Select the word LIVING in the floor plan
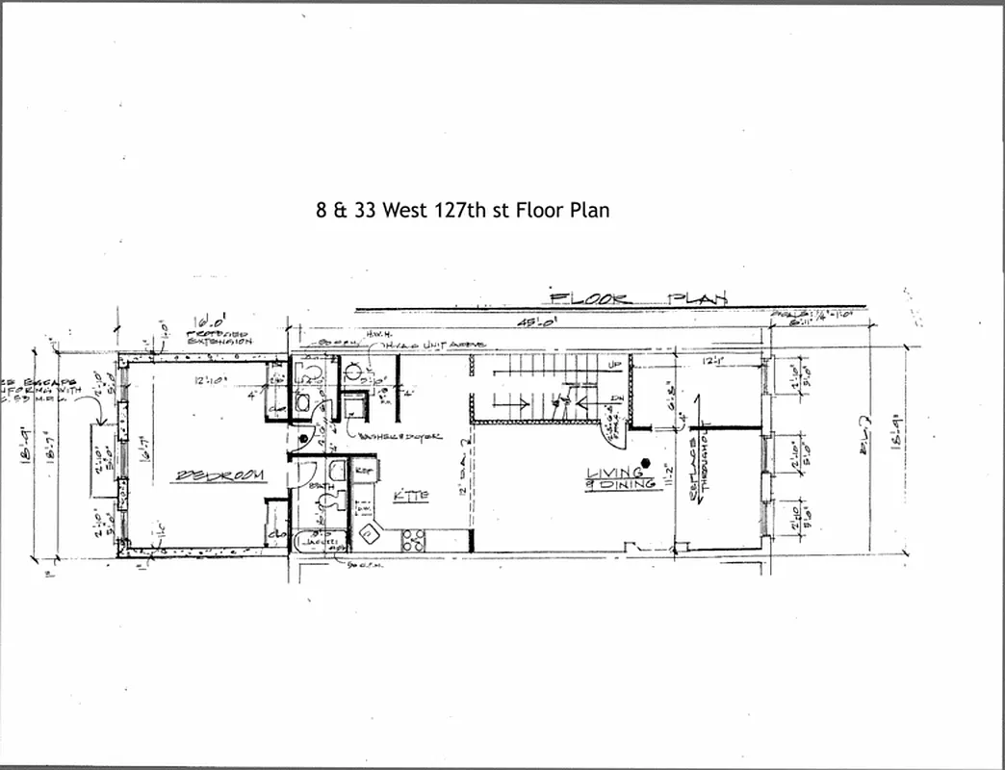[x=616, y=472]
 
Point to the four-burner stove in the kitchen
[x=414, y=540]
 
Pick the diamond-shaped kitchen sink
[x=368, y=532]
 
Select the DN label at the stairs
[x=616, y=399]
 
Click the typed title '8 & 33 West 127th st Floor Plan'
[x=462, y=209]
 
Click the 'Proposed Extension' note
[x=219, y=338]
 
